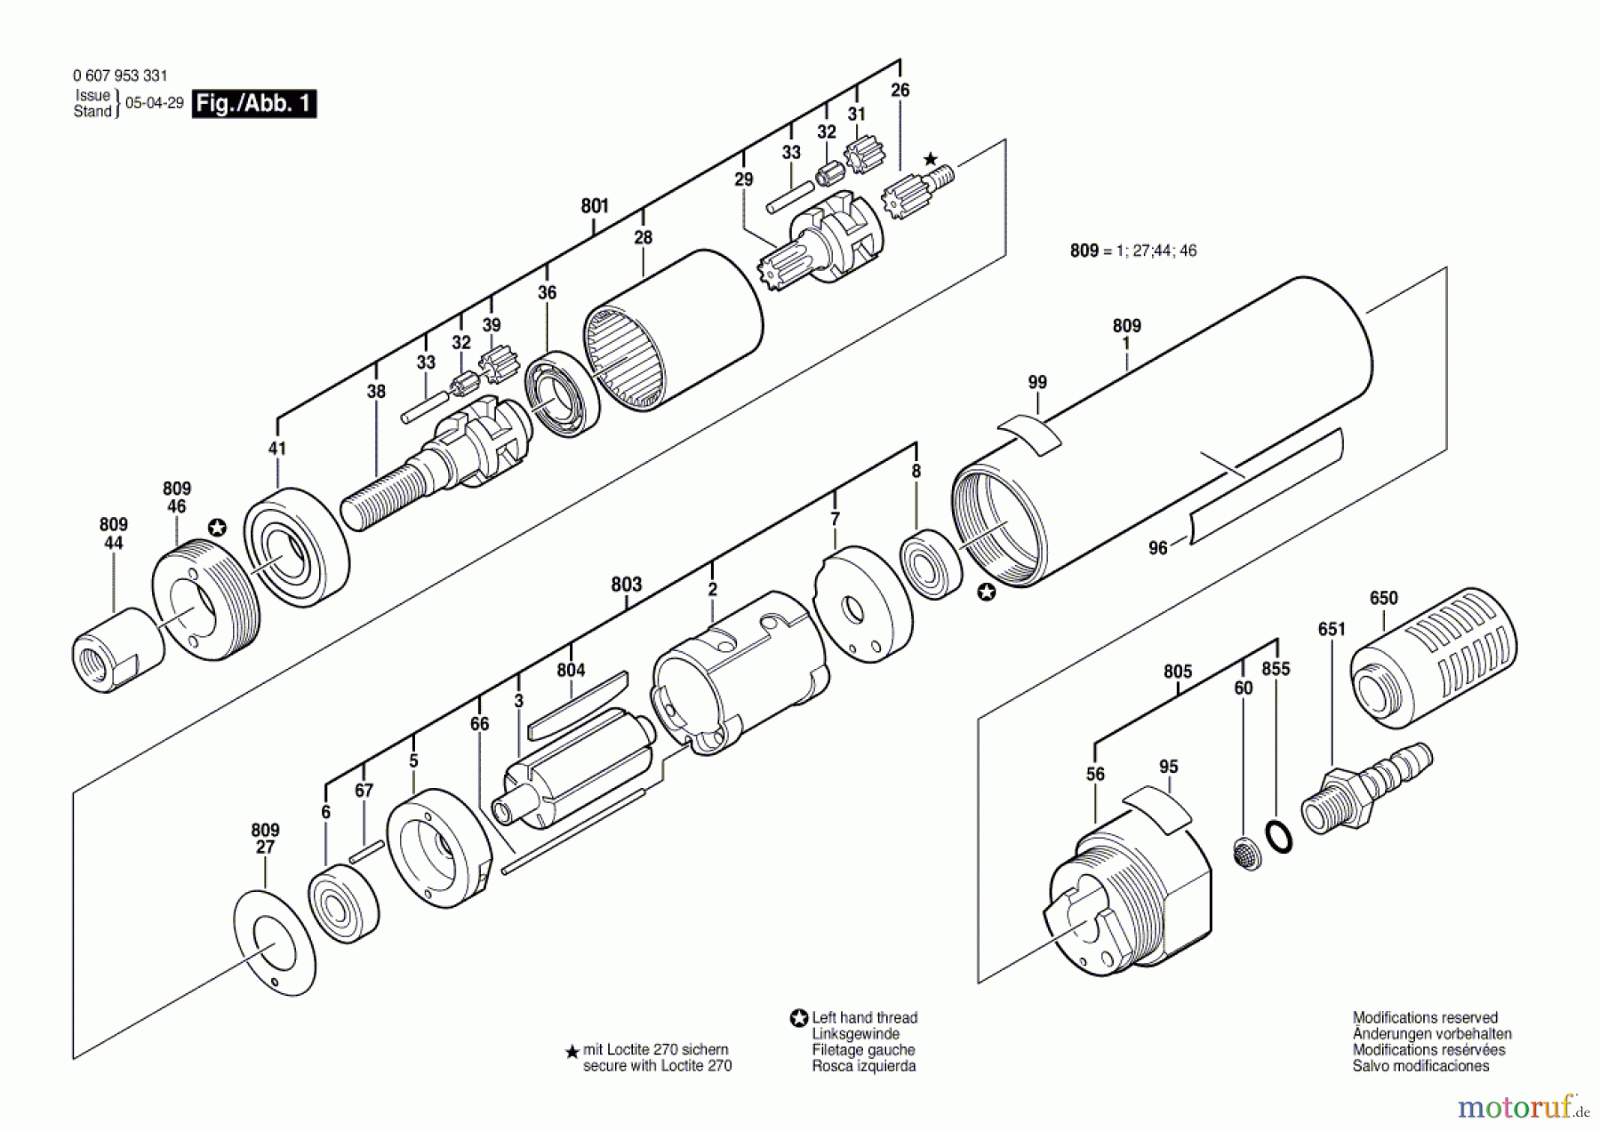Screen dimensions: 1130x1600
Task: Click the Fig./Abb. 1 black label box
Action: (254, 104)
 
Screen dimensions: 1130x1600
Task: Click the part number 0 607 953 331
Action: (120, 76)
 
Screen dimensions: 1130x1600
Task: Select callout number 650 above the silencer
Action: (1383, 599)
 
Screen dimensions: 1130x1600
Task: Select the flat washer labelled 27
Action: (275, 943)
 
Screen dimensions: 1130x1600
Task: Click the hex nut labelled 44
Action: (117, 650)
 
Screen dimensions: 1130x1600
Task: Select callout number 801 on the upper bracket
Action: (595, 206)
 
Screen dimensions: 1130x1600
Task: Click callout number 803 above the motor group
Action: (626, 585)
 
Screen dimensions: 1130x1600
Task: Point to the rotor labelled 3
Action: (578, 768)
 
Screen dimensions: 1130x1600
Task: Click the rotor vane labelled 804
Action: (578, 706)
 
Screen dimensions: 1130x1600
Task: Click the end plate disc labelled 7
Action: (862, 604)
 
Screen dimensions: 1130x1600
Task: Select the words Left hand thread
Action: (864, 1018)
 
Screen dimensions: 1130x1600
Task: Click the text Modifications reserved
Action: (1424, 1018)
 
